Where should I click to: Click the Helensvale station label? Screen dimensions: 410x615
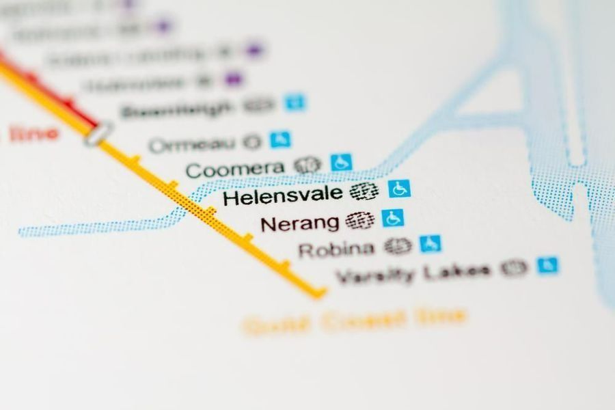[282, 197]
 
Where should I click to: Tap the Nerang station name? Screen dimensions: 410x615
[300, 223]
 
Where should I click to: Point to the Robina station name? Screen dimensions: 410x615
[336, 249]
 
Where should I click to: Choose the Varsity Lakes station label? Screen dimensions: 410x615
[413, 273]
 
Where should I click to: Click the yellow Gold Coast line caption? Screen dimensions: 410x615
[355, 320]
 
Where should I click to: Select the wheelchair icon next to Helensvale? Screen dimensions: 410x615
[399, 189]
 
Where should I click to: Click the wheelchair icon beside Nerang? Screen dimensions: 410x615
[393, 218]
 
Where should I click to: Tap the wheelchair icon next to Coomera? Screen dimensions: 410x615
[341, 163]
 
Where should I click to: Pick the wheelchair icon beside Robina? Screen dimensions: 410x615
[430, 243]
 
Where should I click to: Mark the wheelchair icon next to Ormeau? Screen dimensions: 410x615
[280, 139]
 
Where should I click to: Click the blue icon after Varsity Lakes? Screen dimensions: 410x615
[547, 265]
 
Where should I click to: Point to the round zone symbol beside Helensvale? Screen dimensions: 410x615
[364, 192]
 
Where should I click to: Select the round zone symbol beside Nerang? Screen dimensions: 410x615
[359, 220]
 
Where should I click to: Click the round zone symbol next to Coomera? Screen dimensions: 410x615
[307, 165]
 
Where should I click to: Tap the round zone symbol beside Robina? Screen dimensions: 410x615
[398, 246]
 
